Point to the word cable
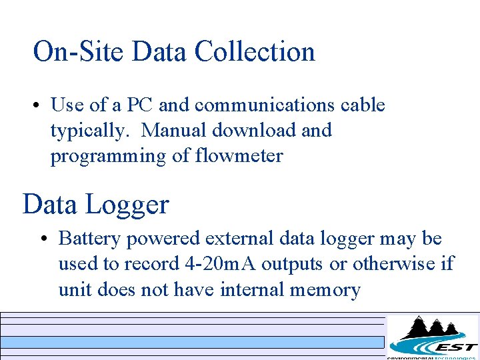coord(363,105)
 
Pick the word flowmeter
coord(239,156)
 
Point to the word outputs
coord(292,265)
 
